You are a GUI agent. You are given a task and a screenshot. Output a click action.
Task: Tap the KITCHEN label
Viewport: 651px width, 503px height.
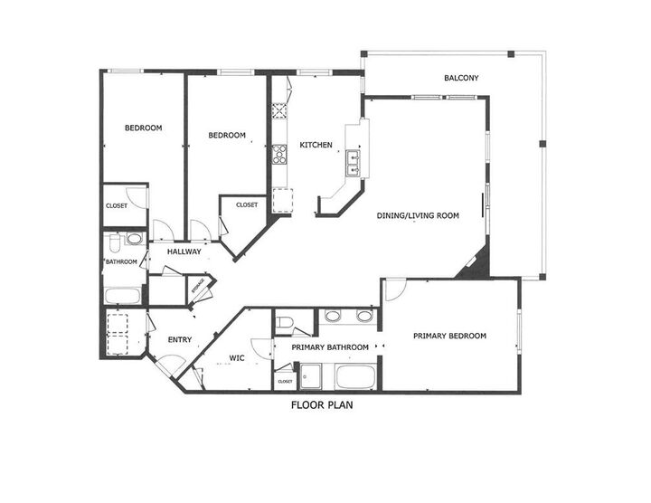[x=316, y=145]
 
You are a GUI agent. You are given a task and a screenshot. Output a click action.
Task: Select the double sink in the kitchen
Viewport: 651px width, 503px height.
[x=353, y=163]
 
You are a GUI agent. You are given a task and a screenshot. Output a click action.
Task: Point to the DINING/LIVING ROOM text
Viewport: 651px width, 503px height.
[x=419, y=216]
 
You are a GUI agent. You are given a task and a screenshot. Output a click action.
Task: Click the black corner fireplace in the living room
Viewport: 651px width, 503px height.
[x=476, y=262]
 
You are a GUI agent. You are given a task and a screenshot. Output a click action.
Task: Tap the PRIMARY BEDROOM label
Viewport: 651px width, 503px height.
[x=449, y=337]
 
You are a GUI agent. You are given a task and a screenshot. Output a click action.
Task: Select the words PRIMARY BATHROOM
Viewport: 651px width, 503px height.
[x=329, y=347]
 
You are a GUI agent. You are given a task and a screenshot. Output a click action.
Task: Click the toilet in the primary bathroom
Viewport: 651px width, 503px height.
[x=282, y=324]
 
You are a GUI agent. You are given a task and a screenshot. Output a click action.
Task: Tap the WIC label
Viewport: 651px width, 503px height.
[x=237, y=358]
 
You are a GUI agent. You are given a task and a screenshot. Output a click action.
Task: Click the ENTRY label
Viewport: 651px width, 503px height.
[x=180, y=340]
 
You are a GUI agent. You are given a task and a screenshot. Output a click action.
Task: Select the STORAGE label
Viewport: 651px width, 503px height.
[x=199, y=289]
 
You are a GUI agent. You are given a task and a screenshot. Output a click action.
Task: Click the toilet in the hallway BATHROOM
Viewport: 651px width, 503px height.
[x=115, y=242]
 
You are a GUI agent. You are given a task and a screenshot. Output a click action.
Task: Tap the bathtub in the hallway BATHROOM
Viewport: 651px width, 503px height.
[x=122, y=295]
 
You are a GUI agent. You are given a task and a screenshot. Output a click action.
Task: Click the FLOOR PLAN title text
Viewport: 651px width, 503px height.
[x=322, y=405]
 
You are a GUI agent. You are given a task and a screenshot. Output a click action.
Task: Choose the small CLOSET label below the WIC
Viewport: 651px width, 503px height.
[x=285, y=380]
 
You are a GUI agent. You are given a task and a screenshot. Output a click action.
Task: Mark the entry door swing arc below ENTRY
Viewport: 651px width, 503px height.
[x=167, y=364]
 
